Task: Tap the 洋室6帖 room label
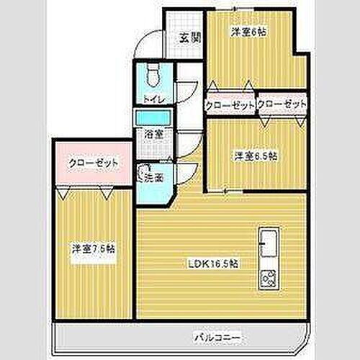(x=244, y=32)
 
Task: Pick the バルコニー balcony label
(x=216, y=336)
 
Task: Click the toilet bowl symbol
(x=151, y=73)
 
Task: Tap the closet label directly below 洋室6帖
(x=230, y=105)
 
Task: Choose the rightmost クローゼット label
(x=282, y=105)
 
